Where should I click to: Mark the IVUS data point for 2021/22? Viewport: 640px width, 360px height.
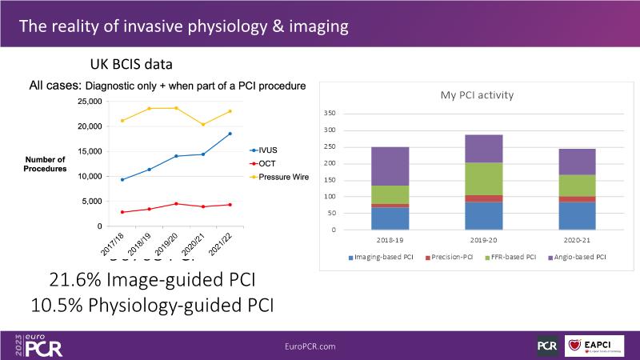[230, 134]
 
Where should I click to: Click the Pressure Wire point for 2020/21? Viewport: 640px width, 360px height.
[203, 125]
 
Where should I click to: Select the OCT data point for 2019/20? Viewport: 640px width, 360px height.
[176, 204]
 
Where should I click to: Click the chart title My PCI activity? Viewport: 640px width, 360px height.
[477, 95]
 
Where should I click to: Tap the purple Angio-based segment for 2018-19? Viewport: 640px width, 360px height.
[390, 166]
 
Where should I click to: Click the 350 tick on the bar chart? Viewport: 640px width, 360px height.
[329, 114]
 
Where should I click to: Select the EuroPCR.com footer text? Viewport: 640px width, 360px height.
[310, 346]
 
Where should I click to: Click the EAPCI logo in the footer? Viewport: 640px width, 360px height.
[594, 346]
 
